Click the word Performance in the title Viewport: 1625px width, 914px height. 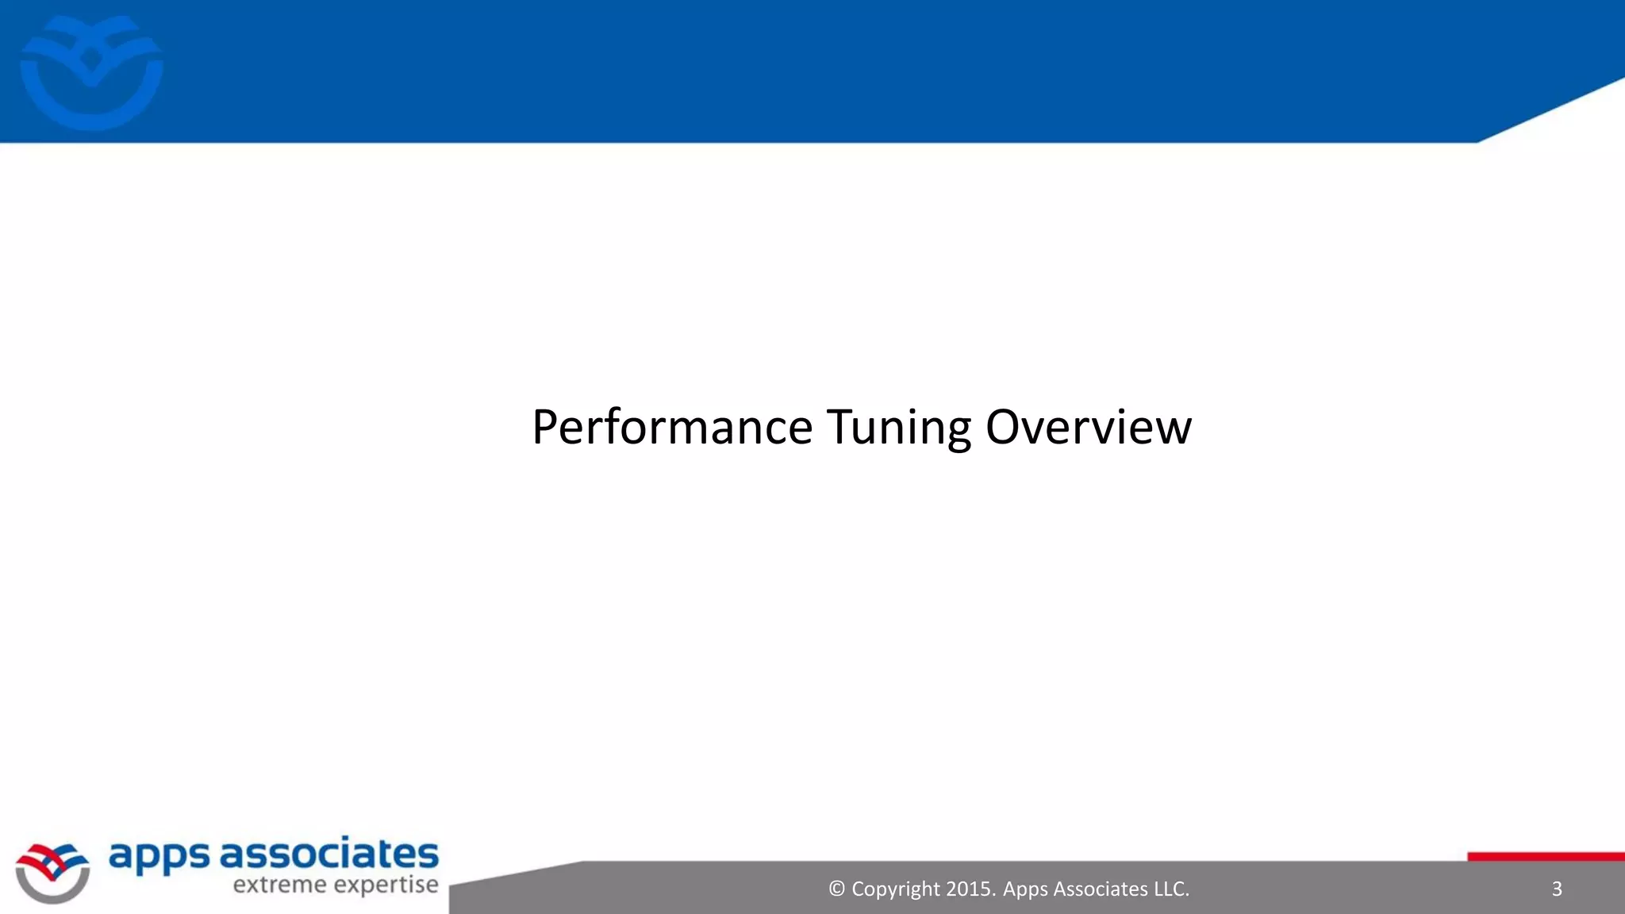pyautogui.click(x=672, y=428)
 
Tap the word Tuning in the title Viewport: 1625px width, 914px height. pyautogui.click(x=898, y=428)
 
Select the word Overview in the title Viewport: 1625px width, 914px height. pyautogui.click(x=1088, y=428)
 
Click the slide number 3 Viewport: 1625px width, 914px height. pyautogui.click(x=1556, y=889)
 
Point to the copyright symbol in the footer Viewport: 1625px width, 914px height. pyautogui.click(x=836, y=889)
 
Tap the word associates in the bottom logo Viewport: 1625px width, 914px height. pyautogui.click(x=328, y=854)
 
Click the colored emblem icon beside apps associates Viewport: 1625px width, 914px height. pyautogui.click(x=52, y=872)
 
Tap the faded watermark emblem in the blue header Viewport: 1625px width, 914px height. pyautogui.click(x=91, y=72)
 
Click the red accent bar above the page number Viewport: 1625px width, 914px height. pyautogui.click(x=1546, y=856)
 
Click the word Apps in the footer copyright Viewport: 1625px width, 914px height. pyautogui.click(x=1025, y=889)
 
